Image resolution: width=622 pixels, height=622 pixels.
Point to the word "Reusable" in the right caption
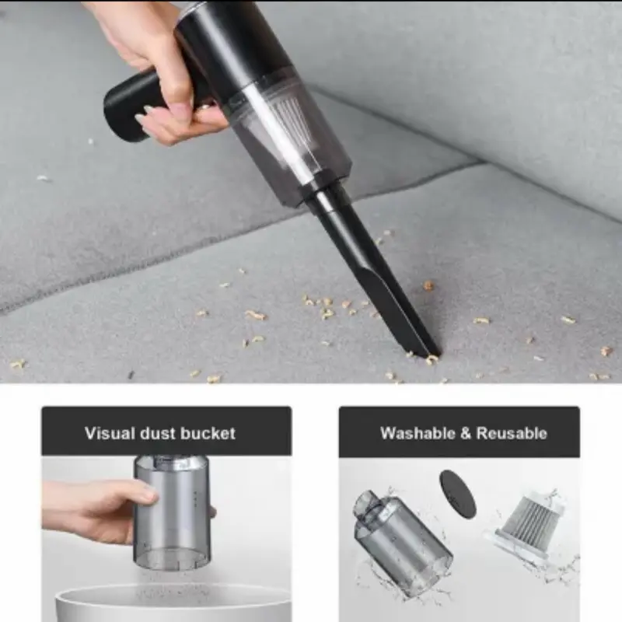pos(512,433)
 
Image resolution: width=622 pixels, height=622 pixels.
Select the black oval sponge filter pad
pos(457,493)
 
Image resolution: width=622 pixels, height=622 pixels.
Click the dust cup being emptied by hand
pos(172,512)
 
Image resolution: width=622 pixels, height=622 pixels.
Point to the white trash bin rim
pos(173,594)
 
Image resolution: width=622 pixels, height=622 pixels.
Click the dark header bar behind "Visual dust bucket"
pos(166,432)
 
